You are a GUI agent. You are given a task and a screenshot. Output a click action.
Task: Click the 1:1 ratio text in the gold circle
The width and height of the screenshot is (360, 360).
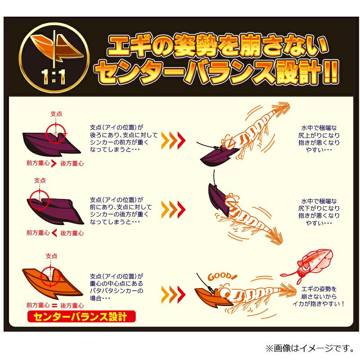pyautogui.click(x=53, y=76)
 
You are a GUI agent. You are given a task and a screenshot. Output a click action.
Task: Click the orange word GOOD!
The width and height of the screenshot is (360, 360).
pyautogui.click(x=222, y=276)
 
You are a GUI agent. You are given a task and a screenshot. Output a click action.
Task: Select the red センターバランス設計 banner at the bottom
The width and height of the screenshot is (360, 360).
pyautogui.click(x=81, y=317)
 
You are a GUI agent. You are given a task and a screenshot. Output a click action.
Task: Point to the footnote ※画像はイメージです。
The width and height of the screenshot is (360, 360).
pyautogui.click(x=310, y=348)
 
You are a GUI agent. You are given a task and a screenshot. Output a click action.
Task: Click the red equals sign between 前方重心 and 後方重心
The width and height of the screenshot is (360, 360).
pyautogui.click(x=54, y=306)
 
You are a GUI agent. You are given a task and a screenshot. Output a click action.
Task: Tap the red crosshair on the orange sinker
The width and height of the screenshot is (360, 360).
pyautogui.click(x=50, y=277)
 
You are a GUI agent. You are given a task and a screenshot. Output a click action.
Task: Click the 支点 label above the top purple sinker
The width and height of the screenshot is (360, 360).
pyautogui.click(x=56, y=114)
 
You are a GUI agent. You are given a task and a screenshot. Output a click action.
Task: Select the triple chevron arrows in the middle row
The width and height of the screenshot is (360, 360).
pyautogui.click(x=173, y=210)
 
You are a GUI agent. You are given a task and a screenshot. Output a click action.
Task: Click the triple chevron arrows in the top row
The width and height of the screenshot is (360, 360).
pyautogui.click(x=173, y=140)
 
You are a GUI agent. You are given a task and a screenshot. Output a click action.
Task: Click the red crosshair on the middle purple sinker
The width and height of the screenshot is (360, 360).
pyautogui.click(x=40, y=200)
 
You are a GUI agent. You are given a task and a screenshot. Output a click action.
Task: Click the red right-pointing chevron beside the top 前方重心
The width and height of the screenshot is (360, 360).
pyautogui.click(x=54, y=163)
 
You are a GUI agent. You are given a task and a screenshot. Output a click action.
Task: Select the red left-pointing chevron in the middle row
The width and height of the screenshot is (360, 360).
pyautogui.click(x=54, y=233)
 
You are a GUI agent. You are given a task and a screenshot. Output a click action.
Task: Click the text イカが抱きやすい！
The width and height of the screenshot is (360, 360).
pyautogui.click(x=318, y=303)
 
